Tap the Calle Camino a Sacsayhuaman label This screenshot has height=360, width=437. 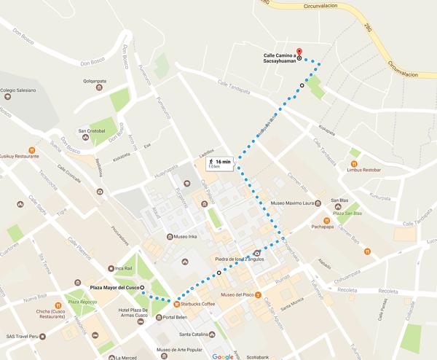coord(280,57)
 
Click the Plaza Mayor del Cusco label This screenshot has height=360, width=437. coord(114,289)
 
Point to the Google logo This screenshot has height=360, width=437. coord(223,356)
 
